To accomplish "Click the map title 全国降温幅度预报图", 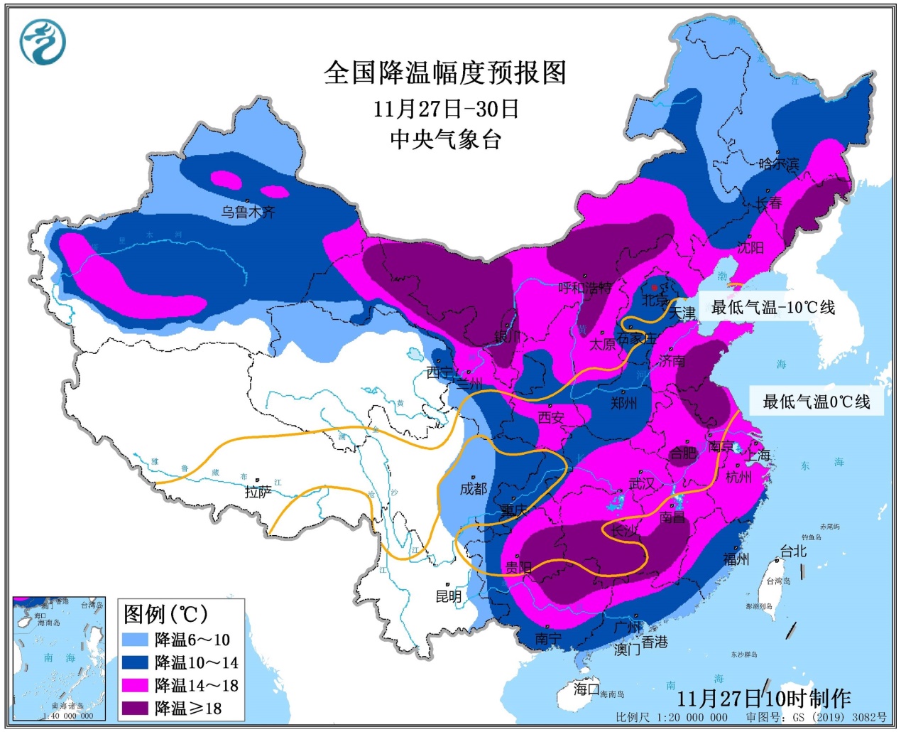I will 445,72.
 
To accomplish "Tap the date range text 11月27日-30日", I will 446,109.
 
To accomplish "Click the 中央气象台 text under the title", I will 446,139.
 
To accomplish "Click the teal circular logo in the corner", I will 43,41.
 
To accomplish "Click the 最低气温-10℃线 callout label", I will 773,307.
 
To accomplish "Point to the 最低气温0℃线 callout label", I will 817,402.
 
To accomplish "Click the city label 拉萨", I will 258,492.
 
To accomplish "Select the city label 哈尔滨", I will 779,164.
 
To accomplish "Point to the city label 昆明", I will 449,596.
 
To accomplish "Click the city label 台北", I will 793,551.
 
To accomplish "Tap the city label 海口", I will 586,689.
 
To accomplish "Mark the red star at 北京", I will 654,288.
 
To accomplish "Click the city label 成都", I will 474,488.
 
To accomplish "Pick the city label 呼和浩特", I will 585,288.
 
